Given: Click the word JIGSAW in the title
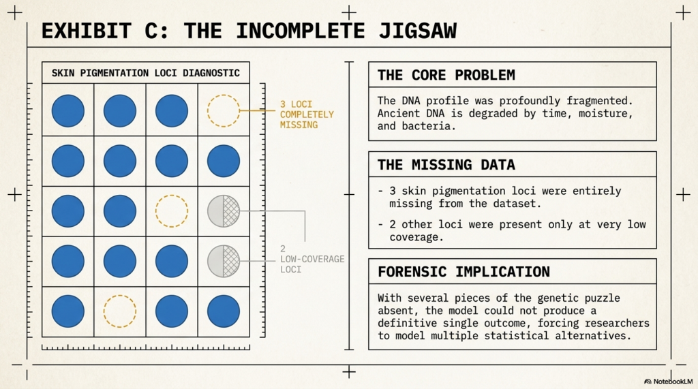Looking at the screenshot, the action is click(417, 31).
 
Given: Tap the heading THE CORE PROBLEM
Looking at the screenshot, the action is click(446, 75).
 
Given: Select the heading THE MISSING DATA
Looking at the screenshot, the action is click(446, 165).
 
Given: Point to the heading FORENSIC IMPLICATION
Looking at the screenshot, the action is click(464, 272).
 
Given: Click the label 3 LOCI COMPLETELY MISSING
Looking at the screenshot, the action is click(307, 114).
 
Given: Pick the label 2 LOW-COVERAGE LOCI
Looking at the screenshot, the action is click(312, 259).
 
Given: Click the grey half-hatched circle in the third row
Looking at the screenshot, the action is click(224, 211).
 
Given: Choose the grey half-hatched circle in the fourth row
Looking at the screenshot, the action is click(224, 261).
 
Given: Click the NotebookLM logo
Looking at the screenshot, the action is click(668, 382).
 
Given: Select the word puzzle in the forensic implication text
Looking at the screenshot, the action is click(601, 298).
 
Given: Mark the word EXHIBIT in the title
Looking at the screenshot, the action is click(87, 31).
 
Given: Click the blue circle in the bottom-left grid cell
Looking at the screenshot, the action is click(68, 311).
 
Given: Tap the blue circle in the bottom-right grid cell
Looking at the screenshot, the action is click(224, 311).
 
